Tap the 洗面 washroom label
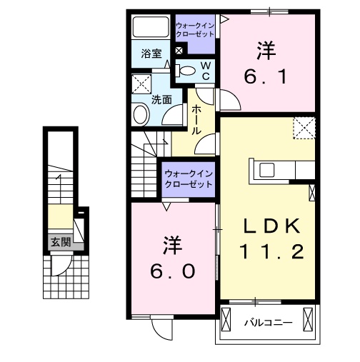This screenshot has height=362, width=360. tap(161, 99)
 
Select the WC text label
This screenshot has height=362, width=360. tap(205, 70)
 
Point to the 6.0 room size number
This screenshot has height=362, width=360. tap(173, 271)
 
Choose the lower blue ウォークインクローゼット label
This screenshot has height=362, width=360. tap(189, 178)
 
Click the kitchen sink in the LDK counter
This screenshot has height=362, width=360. tap(267, 169)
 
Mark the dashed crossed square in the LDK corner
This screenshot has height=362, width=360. tap(305, 129)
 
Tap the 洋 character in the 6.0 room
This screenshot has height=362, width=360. tap(172, 245)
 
